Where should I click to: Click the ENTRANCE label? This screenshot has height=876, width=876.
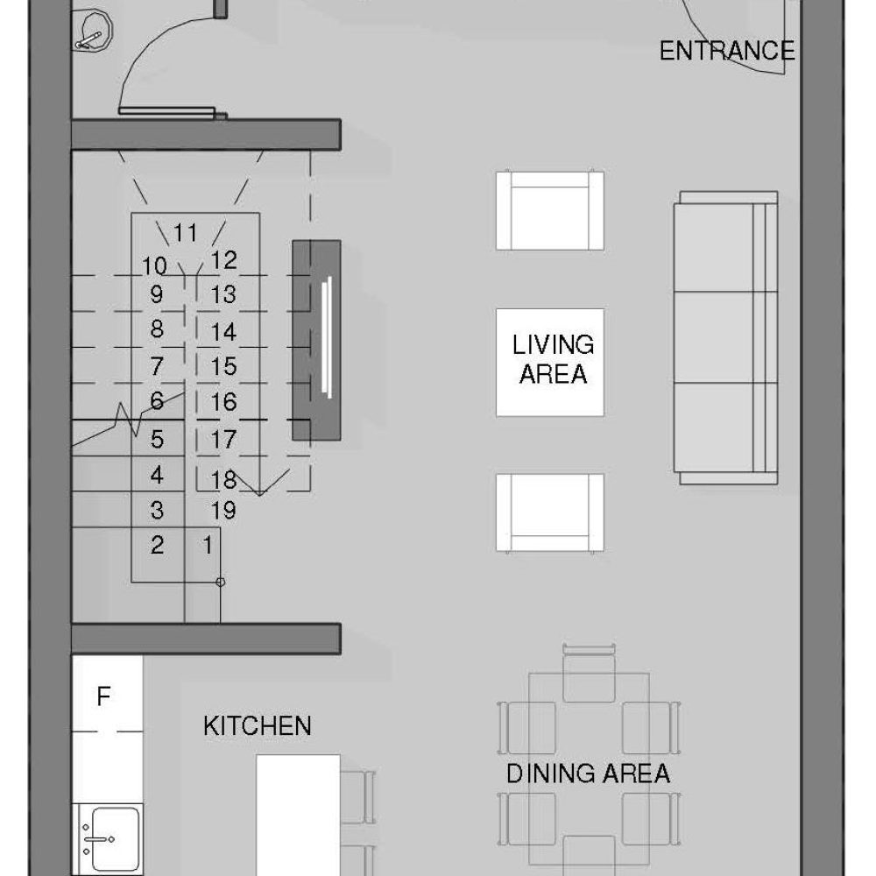[x=727, y=51]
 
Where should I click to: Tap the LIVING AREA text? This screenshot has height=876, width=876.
[x=553, y=359]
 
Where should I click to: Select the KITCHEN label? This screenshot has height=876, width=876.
[x=257, y=725]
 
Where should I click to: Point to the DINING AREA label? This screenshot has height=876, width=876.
[x=588, y=774]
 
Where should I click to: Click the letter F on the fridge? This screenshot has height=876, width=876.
[x=103, y=696]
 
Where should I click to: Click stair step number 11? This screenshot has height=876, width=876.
[x=185, y=232]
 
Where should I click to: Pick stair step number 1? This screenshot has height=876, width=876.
[x=208, y=544]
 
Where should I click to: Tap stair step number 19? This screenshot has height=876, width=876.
[x=223, y=510]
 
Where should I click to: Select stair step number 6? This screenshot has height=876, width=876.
[x=157, y=400]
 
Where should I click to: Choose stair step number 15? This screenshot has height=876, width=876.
[x=223, y=366]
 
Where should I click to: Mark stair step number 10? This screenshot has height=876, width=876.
[x=154, y=266]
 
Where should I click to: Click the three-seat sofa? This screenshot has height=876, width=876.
[x=725, y=337]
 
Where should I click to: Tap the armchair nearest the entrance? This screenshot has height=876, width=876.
[x=550, y=210]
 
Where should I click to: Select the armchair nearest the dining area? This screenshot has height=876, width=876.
[x=550, y=512]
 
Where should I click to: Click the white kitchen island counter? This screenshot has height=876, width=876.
[x=299, y=815]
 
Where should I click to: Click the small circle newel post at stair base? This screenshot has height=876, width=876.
[x=220, y=583]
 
